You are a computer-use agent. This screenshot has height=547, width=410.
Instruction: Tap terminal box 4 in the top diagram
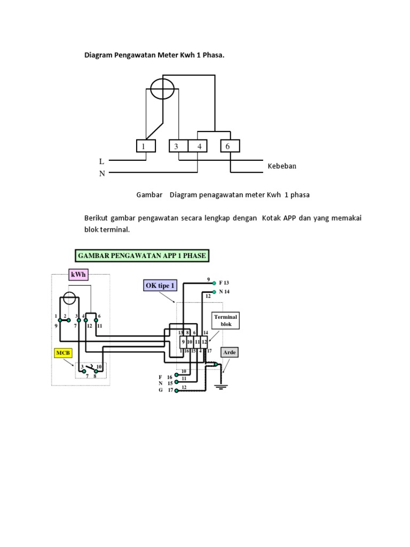coord(198,146)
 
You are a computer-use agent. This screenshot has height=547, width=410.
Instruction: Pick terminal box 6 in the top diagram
coord(230,146)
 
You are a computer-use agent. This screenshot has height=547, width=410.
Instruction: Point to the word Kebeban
coord(282,166)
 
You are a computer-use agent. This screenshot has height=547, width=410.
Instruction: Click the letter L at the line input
coord(101,161)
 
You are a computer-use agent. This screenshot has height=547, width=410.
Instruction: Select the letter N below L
coord(101,173)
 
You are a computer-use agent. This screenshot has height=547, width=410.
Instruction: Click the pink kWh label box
coord(77,275)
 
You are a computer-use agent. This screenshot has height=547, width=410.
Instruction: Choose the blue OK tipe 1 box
coord(160,286)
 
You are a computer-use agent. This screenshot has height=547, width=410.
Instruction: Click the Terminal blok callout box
coord(226,321)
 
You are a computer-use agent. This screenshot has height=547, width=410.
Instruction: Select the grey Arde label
coord(230,353)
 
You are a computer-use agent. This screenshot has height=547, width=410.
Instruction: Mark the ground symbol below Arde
coord(220,386)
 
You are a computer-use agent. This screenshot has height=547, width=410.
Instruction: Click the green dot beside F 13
coord(214,283)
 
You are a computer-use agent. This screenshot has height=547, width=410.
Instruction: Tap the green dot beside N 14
coord(214,292)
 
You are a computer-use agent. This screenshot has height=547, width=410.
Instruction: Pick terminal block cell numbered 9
coord(183,341)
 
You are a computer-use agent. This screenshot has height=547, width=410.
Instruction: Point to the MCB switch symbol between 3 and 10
coord(91,368)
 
